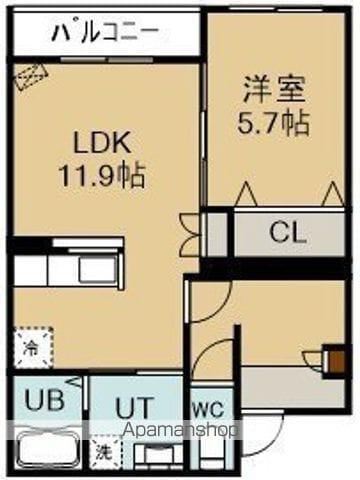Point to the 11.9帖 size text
tap(103, 177)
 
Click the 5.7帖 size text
tap(273, 122)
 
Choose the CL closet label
tap(288, 235)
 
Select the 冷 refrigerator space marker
tap(31, 350)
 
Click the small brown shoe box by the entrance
tap(330, 356)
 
